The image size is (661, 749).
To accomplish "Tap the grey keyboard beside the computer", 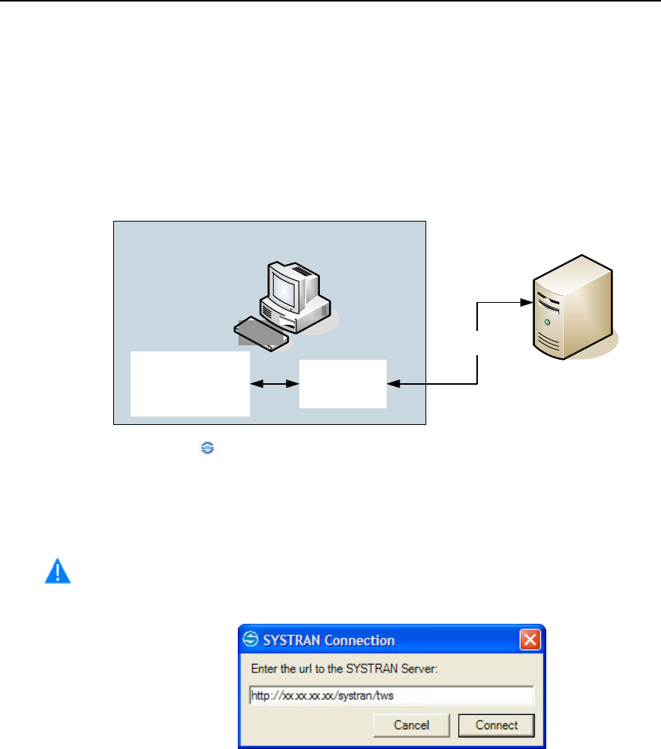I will click(260, 333).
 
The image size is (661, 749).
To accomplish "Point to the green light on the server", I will click(547, 323).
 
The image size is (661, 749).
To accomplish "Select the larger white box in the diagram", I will click(190, 383).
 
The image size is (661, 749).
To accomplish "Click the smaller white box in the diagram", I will click(343, 383).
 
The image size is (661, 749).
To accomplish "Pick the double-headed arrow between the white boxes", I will click(274, 384).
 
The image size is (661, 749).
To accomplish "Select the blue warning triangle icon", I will click(57, 571).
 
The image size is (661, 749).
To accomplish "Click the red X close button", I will click(530, 640).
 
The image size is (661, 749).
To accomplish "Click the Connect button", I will click(496, 725).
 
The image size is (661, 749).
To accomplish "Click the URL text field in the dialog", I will click(391, 695).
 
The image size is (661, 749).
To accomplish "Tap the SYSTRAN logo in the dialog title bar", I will click(251, 640).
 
